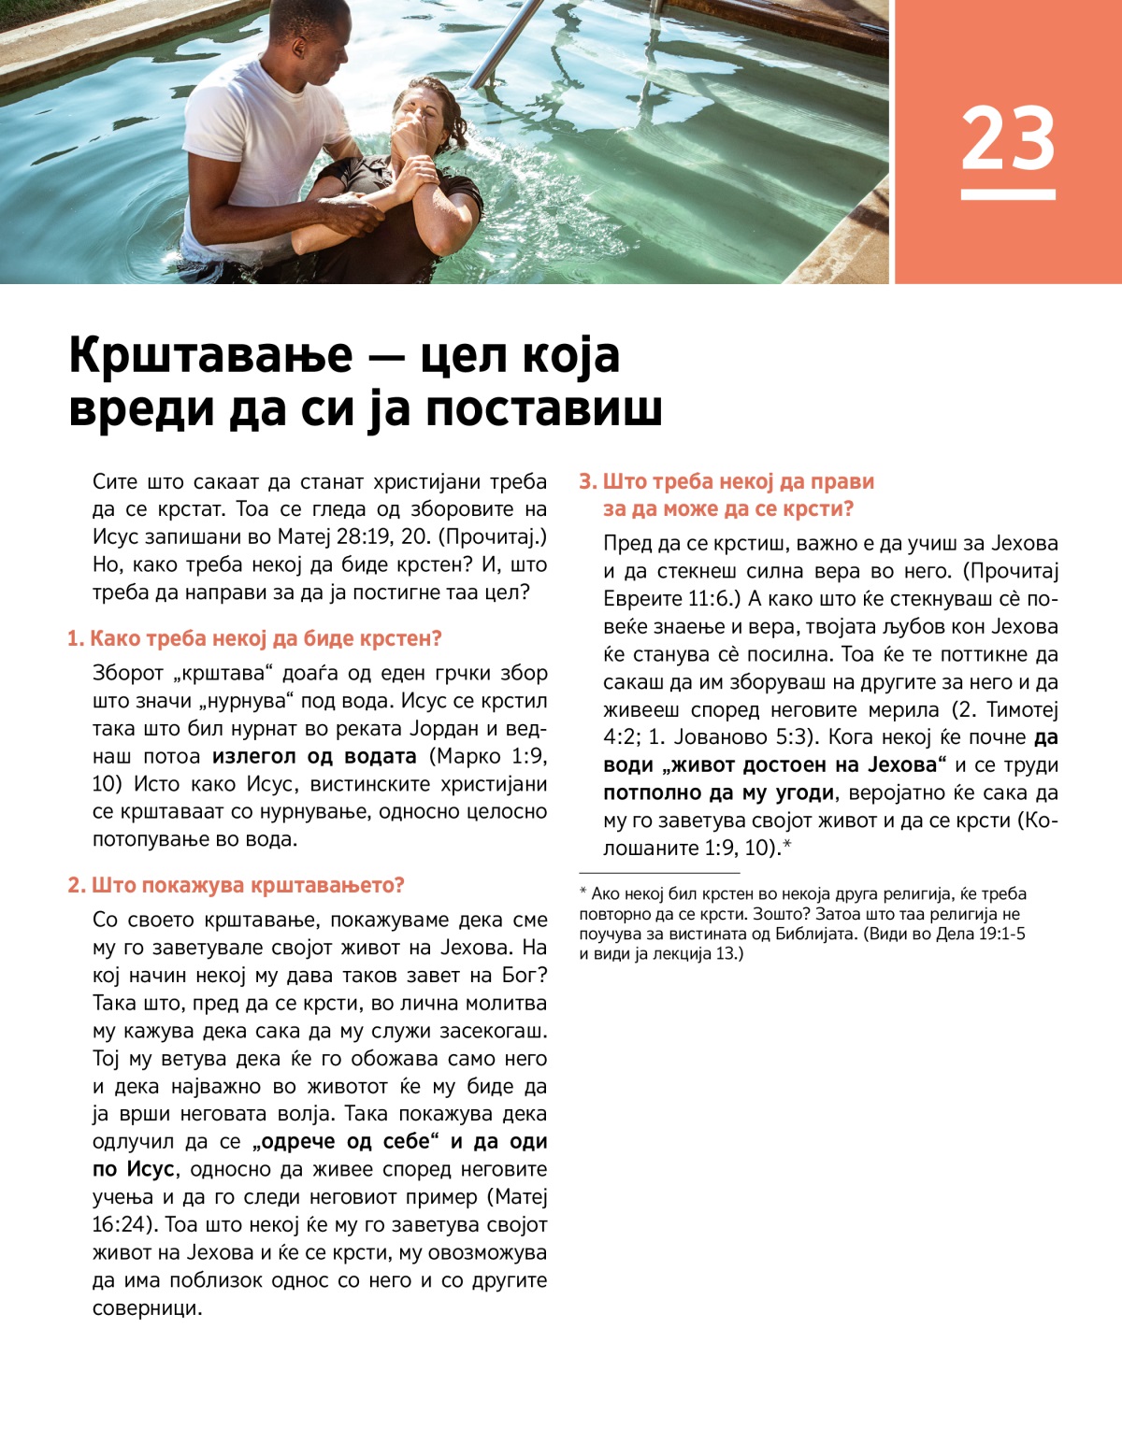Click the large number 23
pos(1008,137)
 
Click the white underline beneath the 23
pos(1008,194)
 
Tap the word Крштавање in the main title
pos(211,356)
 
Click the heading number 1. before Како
pos(76,639)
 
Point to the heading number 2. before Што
pos(77,885)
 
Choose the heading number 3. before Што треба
pos(588,482)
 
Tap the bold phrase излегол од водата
pos(314,756)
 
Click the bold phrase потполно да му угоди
pos(718,793)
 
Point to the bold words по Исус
pos(133,1170)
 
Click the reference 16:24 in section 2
pos(121,1225)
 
